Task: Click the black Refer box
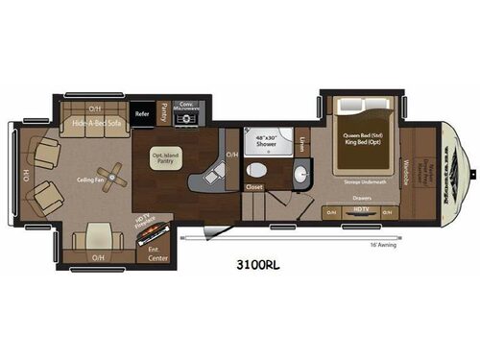pos(143,113)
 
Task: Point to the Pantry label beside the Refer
pos(164,112)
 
